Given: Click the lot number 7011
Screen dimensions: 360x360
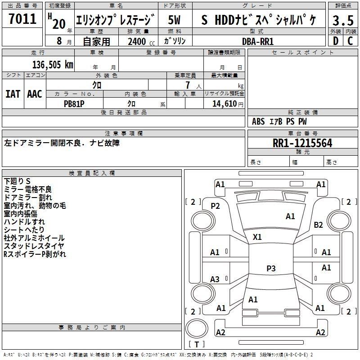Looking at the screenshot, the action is coord(22,19).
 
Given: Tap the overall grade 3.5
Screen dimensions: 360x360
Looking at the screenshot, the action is coord(343,21).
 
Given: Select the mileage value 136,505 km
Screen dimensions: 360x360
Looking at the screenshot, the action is coord(53,65).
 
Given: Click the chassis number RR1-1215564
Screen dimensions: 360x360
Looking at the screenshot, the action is coord(302,143).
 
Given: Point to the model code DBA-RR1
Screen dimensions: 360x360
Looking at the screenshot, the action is coord(258,41).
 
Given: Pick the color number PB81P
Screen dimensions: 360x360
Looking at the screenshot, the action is coord(74,104).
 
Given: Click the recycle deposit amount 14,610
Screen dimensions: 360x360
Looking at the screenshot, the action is coord(225,104).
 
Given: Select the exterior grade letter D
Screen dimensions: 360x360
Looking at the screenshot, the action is coord(336,41).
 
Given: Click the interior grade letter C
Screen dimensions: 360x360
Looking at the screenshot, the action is coord(351,41).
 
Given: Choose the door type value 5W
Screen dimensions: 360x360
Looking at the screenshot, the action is coord(174,20).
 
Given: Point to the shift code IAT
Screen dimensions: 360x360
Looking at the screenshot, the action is coord(13,94).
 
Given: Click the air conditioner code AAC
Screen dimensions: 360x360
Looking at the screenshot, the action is coord(35,94).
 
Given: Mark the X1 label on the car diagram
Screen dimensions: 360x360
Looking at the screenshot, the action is coord(257,237).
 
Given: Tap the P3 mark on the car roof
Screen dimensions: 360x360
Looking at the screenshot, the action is coord(271,268).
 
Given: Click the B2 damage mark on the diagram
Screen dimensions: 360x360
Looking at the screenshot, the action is coord(318,225).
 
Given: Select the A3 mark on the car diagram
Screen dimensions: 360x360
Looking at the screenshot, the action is coord(215,279).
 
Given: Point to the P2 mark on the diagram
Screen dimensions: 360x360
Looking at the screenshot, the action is coord(215,206).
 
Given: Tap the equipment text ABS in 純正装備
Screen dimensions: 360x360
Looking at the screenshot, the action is coord(258,121).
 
